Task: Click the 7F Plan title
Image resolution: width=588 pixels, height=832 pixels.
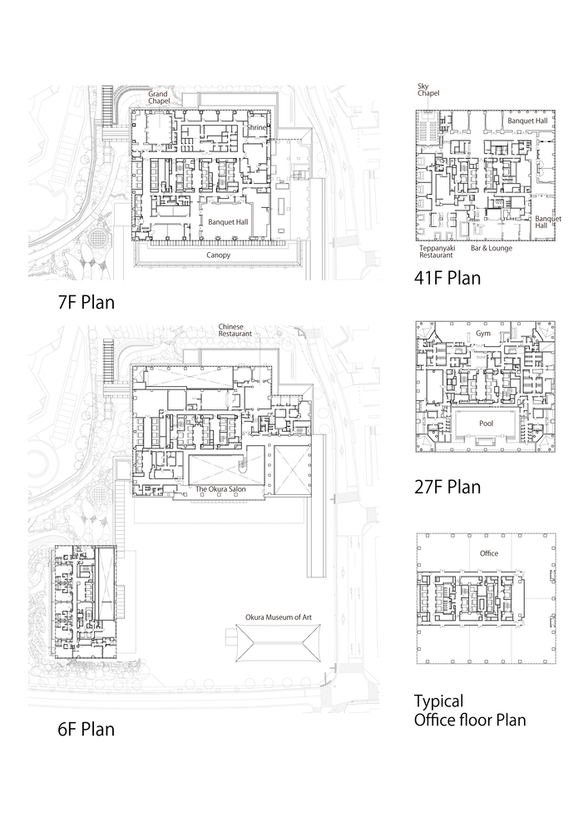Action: [x=86, y=303]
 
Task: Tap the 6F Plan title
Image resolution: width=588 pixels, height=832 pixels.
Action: [x=86, y=729]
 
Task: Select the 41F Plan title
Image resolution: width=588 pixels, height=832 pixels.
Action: [x=447, y=278]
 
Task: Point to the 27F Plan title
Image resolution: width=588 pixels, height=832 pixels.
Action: [x=447, y=487]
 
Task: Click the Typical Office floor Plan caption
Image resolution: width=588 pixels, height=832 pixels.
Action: [x=470, y=711]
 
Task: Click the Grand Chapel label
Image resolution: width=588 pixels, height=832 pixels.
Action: [x=159, y=97]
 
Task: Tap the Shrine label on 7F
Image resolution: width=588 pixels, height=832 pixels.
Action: [x=255, y=127]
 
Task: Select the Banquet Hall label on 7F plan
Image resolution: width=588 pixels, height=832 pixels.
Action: [x=228, y=222]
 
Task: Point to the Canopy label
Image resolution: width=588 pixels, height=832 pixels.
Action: [x=219, y=255]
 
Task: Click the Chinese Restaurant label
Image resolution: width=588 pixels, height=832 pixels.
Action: [x=235, y=330]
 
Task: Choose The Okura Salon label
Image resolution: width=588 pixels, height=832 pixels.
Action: [x=220, y=488]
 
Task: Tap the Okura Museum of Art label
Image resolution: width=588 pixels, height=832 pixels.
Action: [x=279, y=617]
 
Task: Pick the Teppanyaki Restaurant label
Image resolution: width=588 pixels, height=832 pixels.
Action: [x=437, y=251]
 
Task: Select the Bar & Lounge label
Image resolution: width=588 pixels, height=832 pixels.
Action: [x=492, y=248]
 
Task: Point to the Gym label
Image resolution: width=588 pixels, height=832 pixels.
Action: [x=483, y=334]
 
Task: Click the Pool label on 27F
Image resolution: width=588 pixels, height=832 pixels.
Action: [x=487, y=423]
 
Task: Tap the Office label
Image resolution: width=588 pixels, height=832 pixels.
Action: [x=489, y=553]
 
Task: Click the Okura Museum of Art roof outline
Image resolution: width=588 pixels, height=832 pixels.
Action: [x=235, y=642]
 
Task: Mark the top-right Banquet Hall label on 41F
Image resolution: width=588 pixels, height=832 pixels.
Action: [x=527, y=121]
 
